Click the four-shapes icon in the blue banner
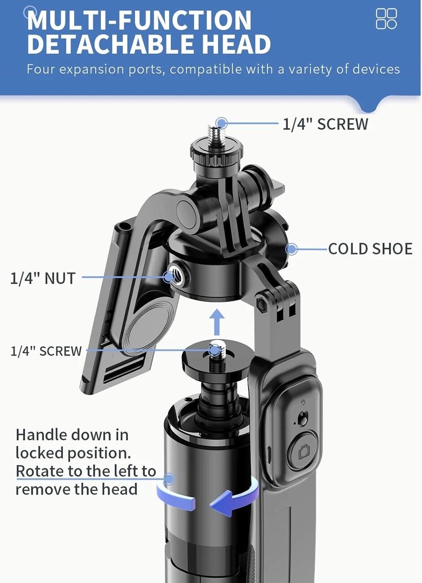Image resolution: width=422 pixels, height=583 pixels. (x=386, y=19)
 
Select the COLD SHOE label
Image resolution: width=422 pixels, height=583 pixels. (x=370, y=249)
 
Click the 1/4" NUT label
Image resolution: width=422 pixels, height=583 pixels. (x=43, y=278)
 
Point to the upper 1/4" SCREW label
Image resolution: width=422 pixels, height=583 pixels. (x=325, y=124)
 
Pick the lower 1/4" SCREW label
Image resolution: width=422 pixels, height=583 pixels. (x=46, y=351)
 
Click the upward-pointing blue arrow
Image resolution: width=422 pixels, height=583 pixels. (x=217, y=322)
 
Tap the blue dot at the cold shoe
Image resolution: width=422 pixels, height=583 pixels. (x=292, y=249)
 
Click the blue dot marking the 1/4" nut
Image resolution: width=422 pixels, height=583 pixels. (x=169, y=277)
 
